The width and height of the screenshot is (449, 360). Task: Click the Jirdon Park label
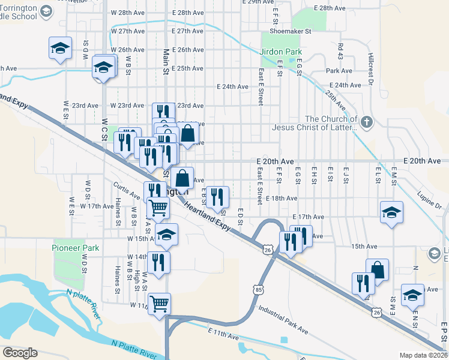(x=281, y=52)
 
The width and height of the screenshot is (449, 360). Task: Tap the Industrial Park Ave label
(x=283, y=320)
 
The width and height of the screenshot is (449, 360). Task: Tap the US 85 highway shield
(x=259, y=290)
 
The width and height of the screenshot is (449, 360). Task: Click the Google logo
(x=20, y=353)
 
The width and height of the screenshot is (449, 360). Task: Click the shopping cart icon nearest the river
(x=158, y=304)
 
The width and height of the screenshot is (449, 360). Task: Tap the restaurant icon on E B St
(x=217, y=197)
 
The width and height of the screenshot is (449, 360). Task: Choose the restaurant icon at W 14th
(x=158, y=263)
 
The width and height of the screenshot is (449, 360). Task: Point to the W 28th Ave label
(x=127, y=12)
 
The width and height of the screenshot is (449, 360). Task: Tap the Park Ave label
(x=339, y=71)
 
